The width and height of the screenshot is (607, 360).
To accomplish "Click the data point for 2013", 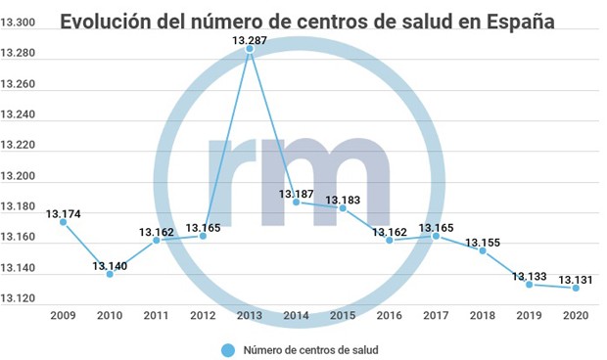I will coord(250,50).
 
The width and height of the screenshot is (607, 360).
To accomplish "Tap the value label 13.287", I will coord(250,39).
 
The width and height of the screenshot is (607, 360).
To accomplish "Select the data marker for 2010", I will coord(110,274).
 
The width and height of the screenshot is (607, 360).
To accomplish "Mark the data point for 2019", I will coord(530,284).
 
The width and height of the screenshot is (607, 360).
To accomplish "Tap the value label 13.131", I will coord(576,279).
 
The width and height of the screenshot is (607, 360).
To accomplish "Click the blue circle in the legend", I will coord(229,348).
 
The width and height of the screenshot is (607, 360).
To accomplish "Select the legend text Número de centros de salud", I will coord(311,348).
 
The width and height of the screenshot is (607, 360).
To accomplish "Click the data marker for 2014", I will coord(297,202).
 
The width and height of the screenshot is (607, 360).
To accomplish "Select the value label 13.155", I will coord(483,242).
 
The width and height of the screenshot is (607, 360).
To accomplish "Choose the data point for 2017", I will coord(436,236).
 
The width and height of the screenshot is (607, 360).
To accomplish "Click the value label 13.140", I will coord(110,264).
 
